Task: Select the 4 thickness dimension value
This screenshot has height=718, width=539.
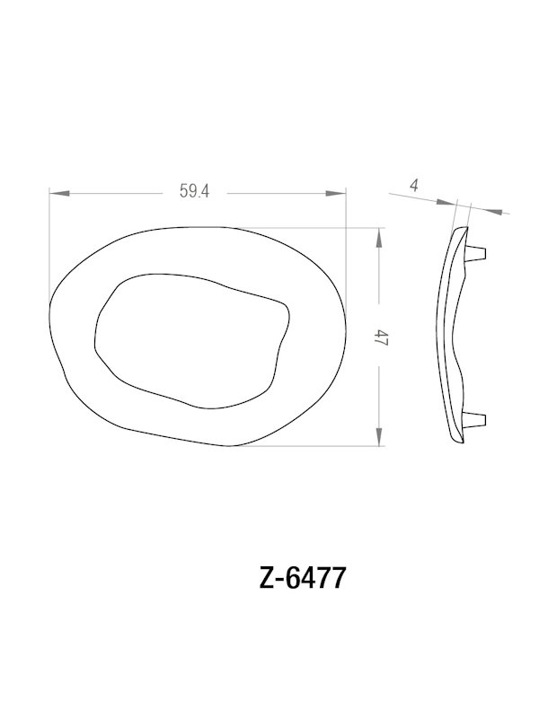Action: coord(413,186)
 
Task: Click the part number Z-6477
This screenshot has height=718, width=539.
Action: coord(302,578)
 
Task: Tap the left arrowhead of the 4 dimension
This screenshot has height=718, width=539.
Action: coord(449,204)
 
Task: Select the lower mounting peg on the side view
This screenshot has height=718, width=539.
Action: coord(477,417)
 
